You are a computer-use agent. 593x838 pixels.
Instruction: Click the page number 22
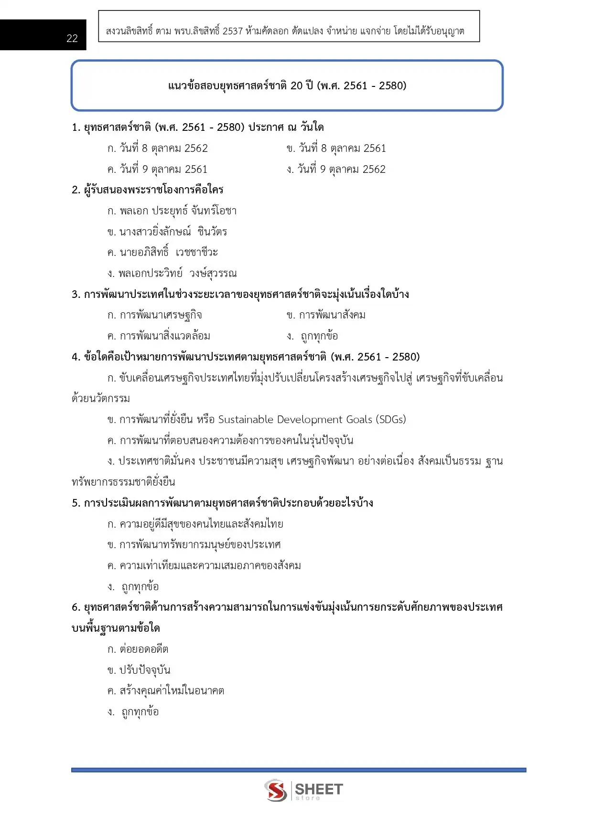point(72,38)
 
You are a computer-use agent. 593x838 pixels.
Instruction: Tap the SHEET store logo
point(303,790)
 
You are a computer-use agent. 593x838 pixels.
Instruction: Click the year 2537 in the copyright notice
point(233,32)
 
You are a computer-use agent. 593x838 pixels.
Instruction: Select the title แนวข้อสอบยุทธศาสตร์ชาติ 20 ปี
point(287,86)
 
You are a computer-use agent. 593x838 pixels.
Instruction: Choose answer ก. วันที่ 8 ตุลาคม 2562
point(158,149)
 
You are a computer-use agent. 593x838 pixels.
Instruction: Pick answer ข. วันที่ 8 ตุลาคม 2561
point(336,149)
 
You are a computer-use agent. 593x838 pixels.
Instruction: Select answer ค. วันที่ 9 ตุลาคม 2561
point(158,170)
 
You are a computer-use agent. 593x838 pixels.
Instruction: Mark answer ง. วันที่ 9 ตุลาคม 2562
point(336,170)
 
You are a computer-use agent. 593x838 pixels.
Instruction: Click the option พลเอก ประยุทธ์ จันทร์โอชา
point(172,211)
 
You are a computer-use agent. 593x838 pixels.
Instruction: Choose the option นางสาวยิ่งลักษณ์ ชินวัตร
point(167,232)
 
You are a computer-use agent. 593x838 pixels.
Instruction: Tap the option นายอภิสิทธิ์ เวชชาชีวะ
point(162,253)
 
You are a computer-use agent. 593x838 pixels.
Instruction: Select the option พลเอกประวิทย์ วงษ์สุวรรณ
point(172,274)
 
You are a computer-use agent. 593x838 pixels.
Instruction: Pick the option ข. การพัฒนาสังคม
point(326,315)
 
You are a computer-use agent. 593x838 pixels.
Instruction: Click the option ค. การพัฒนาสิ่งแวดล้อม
point(159,336)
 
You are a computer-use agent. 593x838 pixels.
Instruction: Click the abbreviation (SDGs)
point(390,420)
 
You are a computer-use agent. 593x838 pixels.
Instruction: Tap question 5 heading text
point(223,503)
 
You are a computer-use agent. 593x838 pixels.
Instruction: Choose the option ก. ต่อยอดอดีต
point(138,649)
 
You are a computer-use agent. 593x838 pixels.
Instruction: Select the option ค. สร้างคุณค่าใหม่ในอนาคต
point(166,691)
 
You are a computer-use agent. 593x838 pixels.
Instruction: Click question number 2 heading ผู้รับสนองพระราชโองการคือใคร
point(148,190)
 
